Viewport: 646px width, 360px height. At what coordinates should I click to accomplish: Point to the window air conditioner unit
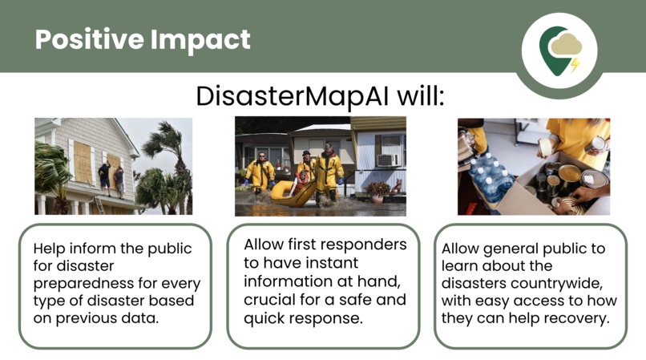coord(388,160)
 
